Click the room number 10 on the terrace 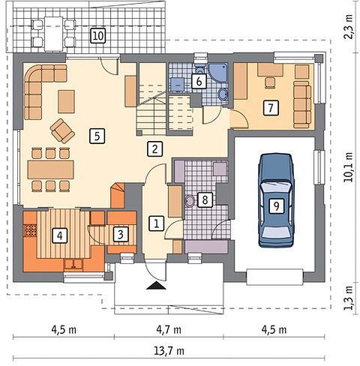pos(98,36)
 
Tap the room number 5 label pos(97,136)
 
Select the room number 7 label pos(271,108)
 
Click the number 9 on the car pos(276,206)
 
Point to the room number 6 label pos(199,81)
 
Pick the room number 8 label pos(205,199)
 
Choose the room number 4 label pos(60,235)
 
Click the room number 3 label pos(121,235)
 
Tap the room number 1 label pos(157,223)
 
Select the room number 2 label pos(155,149)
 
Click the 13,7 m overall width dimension pos(169,351)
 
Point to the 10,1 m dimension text pos(349,166)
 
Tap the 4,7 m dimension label pos(169,330)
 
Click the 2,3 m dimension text pos(349,26)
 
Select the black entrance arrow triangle pos(156,285)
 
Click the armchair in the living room pos(62,131)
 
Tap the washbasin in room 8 pos(190,200)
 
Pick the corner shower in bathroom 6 pos(218,72)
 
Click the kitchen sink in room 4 pos(73,265)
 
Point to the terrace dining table pos(53,34)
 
